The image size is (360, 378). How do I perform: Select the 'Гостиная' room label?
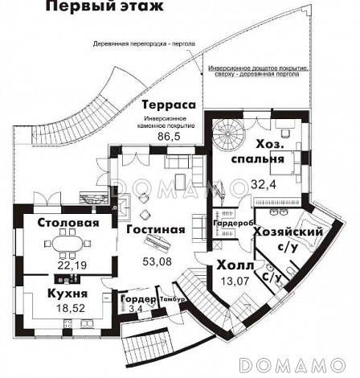coord(156,229)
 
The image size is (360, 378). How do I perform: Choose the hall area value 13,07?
coord(235,280)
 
